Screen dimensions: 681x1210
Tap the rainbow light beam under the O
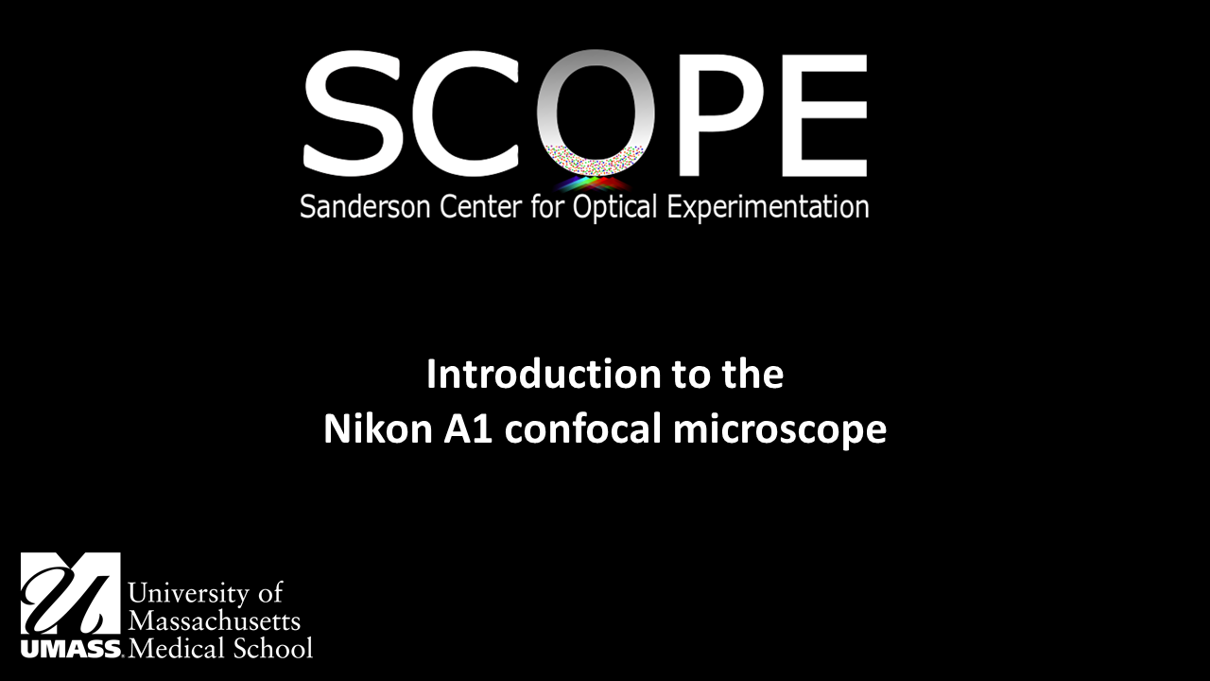594,183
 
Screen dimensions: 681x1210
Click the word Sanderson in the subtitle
368,207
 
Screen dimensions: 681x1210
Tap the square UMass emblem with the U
71,593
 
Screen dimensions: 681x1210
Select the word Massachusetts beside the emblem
215,621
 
